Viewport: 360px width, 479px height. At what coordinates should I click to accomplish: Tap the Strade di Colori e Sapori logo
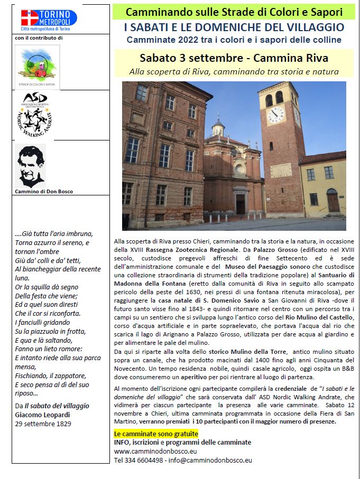tap(37, 67)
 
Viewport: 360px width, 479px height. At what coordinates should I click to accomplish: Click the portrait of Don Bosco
tap(31, 166)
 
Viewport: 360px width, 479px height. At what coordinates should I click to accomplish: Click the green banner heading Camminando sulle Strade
tap(234, 11)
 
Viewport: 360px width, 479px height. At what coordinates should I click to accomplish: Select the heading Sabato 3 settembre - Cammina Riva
tap(234, 58)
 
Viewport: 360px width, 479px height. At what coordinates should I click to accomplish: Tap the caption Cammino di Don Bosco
tap(44, 191)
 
